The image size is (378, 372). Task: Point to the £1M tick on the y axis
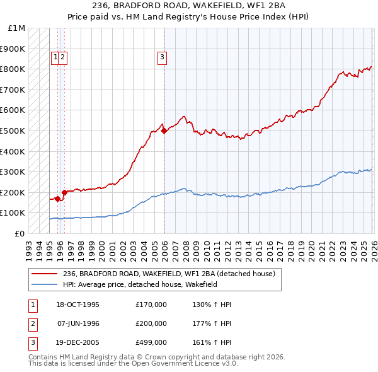(x=17, y=28)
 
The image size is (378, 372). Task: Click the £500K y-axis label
(x=13, y=131)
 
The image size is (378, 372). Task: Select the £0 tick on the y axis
(x=20, y=233)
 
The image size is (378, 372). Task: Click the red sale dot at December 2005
(x=164, y=131)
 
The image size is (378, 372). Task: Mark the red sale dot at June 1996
(x=64, y=192)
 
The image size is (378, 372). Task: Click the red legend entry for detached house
(x=169, y=274)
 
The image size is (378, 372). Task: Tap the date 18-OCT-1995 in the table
(x=77, y=305)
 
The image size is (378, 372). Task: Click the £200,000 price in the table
(x=151, y=323)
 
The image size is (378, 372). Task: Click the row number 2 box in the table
(x=31, y=323)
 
